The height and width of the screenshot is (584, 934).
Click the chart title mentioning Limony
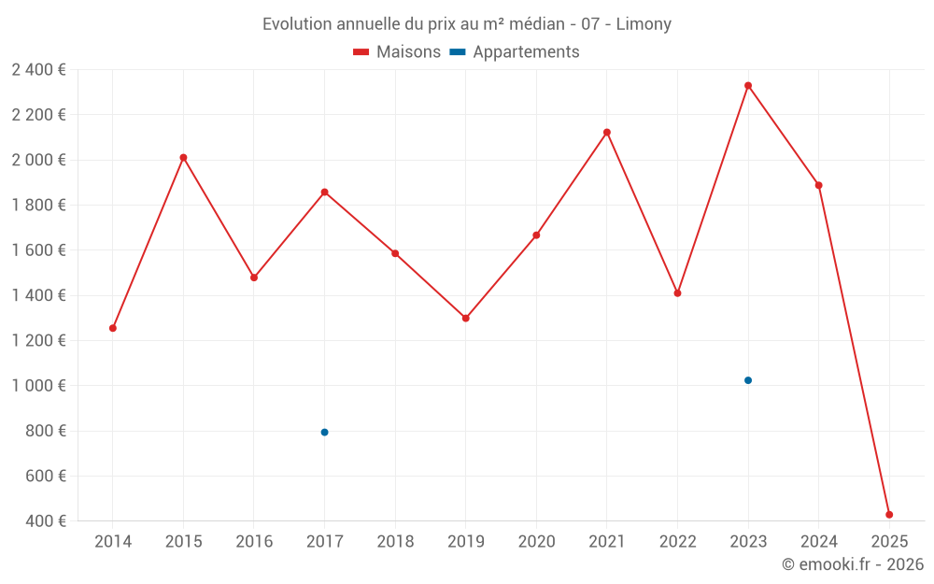(466, 24)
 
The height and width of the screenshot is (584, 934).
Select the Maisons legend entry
(397, 52)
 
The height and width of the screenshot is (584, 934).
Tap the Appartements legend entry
(515, 52)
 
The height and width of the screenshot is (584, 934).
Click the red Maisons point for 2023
(748, 86)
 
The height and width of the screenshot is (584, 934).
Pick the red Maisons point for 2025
(889, 515)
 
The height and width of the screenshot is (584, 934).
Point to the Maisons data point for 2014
(113, 328)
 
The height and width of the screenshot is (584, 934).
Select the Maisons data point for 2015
(183, 157)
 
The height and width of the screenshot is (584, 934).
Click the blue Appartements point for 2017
(324, 432)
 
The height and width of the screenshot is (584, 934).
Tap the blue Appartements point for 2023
(748, 380)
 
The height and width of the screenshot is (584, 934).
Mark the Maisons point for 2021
(607, 132)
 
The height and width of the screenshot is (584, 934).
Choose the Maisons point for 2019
(466, 318)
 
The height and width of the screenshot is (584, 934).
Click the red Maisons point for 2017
(324, 192)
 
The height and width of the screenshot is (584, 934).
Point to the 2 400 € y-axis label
(39, 70)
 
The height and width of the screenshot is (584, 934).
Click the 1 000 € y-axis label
(39, 386)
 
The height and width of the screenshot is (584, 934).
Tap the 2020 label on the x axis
(536, 542)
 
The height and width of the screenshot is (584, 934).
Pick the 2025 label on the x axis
(889, 542)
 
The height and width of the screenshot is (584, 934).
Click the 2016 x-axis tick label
(254, 542)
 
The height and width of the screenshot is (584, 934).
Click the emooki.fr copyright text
(853, 564)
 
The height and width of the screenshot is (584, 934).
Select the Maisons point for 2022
(677, 293)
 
